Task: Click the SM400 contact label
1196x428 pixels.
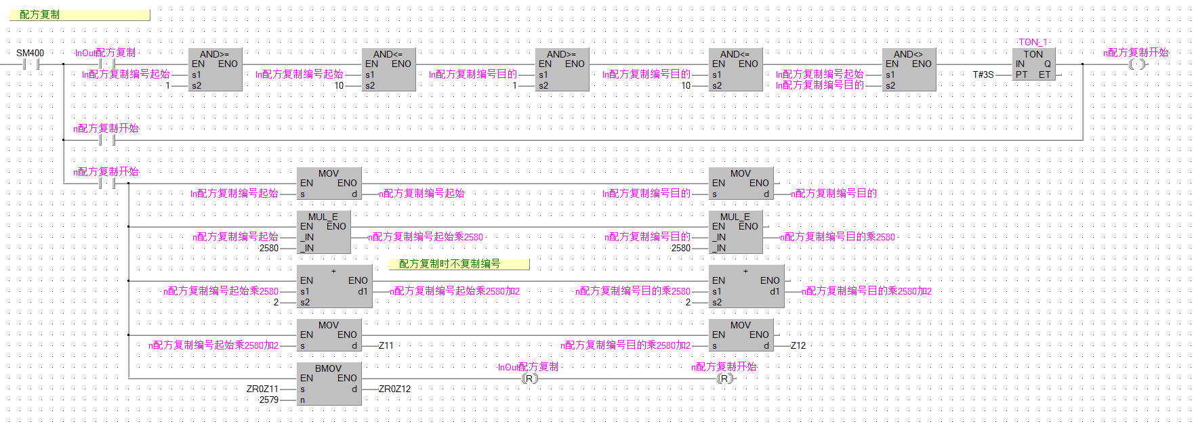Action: (30, 53)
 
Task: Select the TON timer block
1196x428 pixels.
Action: (1033, 65)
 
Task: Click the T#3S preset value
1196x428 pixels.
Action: (983, 74)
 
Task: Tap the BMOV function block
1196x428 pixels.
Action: (329, 383)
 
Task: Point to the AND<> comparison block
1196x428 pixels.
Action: (909, 69)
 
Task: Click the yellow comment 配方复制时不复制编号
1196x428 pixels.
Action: (459, 264)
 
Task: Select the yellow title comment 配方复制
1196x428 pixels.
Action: (79, 15)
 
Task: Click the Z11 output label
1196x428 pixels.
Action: (386, 345)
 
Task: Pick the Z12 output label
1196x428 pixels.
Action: (798, 345)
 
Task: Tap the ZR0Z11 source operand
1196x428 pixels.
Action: (262, 389)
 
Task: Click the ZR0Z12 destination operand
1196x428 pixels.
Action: (395, 389)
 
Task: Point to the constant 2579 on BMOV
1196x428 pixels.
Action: (268, 400)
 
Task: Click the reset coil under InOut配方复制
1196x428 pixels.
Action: (529, 379)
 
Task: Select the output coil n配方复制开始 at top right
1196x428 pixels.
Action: (1138, 64)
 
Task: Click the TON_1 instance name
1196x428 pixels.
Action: (1033, 42)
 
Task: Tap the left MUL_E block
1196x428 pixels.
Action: (323, 232)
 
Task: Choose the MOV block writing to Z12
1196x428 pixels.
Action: (741, 335)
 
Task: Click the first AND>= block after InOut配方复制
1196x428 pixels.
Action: (215, 69)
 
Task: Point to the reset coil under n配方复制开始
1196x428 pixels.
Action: (724, 379)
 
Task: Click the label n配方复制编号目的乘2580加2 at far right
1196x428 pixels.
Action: (867, 291)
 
